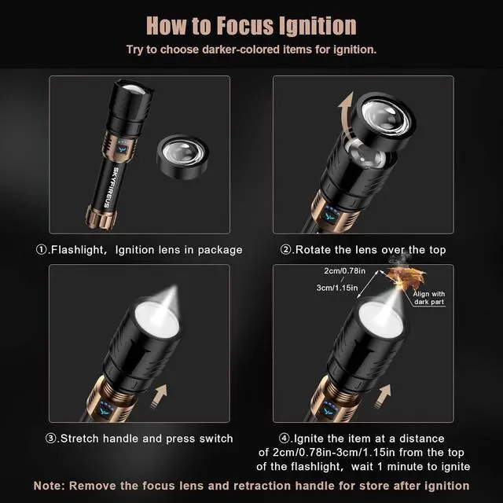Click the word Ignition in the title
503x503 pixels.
pos(310,26)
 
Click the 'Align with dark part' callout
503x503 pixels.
pos(429,297)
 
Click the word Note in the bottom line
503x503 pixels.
pos(50,486)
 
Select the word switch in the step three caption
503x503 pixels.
pos(215,438)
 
